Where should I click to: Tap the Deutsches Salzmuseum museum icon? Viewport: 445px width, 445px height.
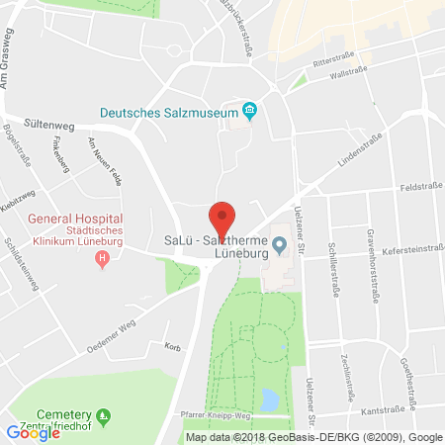(x=250, y=112)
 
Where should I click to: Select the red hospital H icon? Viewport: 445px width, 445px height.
(x=101, y=259)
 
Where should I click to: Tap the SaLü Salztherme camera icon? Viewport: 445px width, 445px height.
(x=280, y=243)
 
